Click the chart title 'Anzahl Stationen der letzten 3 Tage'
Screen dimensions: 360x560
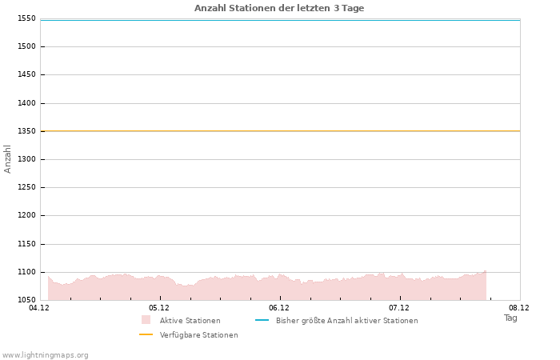click(x=279, y=8)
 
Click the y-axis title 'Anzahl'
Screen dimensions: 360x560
click(x=8, y=158)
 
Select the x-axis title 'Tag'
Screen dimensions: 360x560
click(x=510, y=318)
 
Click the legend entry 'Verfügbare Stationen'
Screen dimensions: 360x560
click(x=198, y=335)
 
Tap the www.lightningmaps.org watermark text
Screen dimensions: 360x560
click(x=46, y=354)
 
